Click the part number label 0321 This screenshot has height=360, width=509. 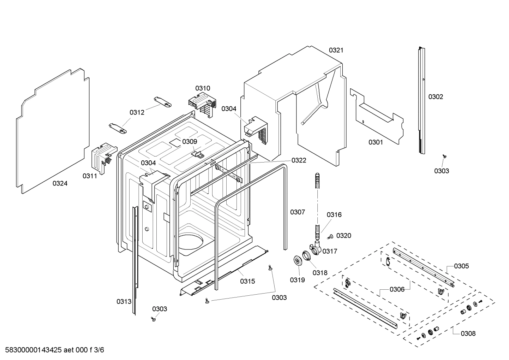point(336,50)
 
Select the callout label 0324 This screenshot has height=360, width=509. point(60,183)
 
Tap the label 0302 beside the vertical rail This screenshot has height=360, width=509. point(436,97)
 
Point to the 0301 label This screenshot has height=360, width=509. point(376,142)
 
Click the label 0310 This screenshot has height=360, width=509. point(203,88)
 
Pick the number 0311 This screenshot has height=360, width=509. point(90,176)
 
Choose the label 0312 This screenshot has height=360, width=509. point(137,112)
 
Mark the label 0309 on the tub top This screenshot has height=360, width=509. point(190,142)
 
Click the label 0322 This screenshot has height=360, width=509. point(299,160)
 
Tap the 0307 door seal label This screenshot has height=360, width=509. point(298,212)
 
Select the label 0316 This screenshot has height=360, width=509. point(334,215)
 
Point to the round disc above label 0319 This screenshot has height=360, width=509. point(298,260)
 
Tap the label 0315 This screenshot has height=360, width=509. point(247,281)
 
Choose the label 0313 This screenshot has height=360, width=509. point(124,301)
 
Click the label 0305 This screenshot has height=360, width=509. point(461,266)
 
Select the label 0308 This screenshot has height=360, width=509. point(468,333)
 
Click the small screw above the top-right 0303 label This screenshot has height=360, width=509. point(444,156)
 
